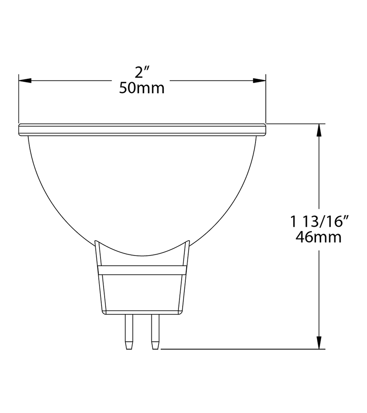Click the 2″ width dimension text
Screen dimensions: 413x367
143,73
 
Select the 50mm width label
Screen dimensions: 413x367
142,88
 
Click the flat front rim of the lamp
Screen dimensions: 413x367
142,130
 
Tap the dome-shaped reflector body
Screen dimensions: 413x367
142,193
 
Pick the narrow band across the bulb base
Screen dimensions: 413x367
142,270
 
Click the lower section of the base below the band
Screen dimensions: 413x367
142,294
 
